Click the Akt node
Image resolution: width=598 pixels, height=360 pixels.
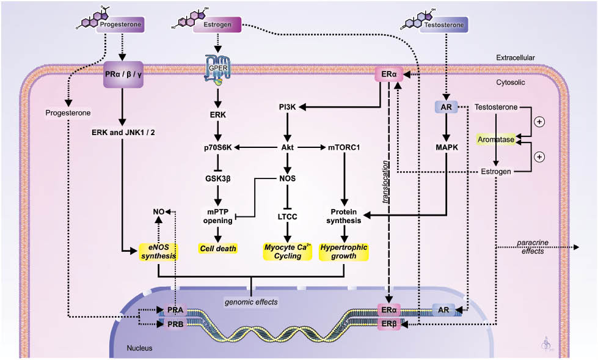286,147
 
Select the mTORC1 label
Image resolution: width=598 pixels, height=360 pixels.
343,147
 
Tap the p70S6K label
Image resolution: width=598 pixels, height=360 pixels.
218,147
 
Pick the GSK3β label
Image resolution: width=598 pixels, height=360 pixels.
218,179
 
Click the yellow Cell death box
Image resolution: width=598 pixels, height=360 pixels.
217,249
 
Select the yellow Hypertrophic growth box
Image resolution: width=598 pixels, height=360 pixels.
344,251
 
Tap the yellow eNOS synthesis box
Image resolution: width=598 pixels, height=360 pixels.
158,251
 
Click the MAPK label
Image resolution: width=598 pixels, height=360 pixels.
447,147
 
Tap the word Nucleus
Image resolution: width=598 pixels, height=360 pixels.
140,348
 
